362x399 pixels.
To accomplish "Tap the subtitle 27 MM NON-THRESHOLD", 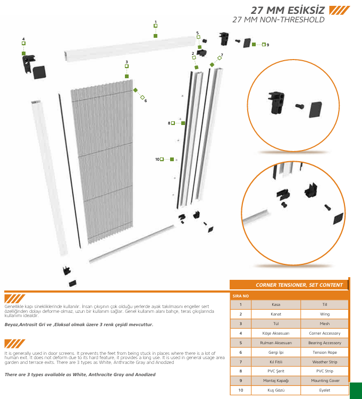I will coord(279,20).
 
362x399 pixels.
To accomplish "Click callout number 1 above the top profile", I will coord(155,22).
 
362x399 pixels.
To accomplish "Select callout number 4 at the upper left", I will coord(23,39).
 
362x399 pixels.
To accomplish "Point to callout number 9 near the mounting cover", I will coord(267,45).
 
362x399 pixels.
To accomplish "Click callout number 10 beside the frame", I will coord(157,159).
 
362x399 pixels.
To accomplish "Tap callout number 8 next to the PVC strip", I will coord(169,123).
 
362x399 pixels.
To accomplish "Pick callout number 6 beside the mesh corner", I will coord(145,101).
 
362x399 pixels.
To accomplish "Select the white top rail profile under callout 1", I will coord(128,47).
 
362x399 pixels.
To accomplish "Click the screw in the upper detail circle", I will coord(298,107).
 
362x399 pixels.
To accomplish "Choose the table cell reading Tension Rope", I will coord(324,352).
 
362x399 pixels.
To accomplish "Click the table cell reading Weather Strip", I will coord(324,362).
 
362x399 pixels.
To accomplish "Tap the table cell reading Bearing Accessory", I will coord(324,343).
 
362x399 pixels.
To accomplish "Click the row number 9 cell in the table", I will coord(241,380).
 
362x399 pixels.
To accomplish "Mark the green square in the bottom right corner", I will coord(356,390).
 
